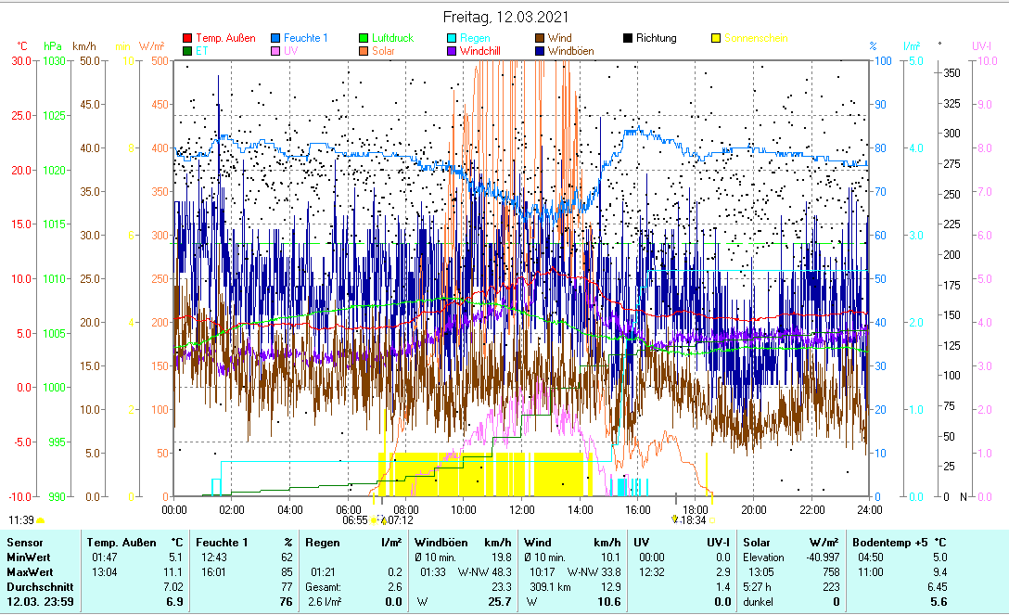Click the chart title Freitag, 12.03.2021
(x=505, y=17)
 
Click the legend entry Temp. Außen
(x=225, y=38)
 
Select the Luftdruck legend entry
(x=386, y=38)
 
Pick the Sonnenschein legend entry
(x=756, y=38)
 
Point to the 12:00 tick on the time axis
(x=522, y=509)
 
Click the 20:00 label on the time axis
(x=753, y=509)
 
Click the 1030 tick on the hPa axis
(x=53, y=60)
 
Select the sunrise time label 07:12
(x=401, y=520)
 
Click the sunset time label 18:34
(x=693, y=520)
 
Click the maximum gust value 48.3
(x=501, y=572)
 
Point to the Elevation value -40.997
(x=817, y=557)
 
